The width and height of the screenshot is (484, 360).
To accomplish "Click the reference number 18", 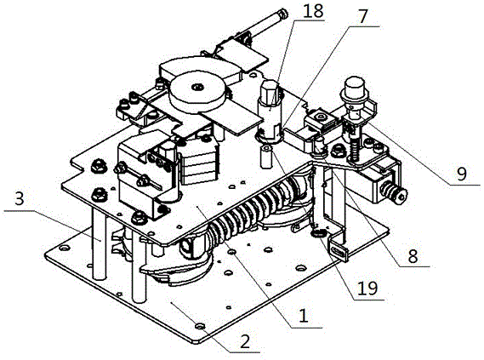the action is [313, 11].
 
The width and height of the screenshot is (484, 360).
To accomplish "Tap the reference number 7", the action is [362, 17].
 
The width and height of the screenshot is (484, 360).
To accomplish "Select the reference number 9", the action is [462, 174].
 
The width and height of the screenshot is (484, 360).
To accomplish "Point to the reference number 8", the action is [413, 256].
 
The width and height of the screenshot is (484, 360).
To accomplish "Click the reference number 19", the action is [367, 289].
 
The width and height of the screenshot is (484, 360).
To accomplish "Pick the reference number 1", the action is [304, 316].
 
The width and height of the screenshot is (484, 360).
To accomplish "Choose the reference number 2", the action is [245, 342].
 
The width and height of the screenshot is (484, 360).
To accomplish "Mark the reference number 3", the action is [19, 199].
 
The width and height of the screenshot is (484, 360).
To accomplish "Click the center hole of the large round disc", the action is [196, 87].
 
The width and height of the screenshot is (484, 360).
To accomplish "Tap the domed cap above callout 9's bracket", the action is [355, 84].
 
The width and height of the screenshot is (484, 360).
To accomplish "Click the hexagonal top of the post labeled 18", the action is [270, 89].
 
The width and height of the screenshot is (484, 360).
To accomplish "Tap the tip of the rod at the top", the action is [282, 14].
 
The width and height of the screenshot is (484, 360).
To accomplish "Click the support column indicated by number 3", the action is [100, 243].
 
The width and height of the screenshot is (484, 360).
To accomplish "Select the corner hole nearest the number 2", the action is [200, 326].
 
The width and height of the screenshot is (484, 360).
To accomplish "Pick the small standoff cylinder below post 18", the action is [265, 157].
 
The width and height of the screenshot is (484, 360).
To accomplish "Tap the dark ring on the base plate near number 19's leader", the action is [318, 234].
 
